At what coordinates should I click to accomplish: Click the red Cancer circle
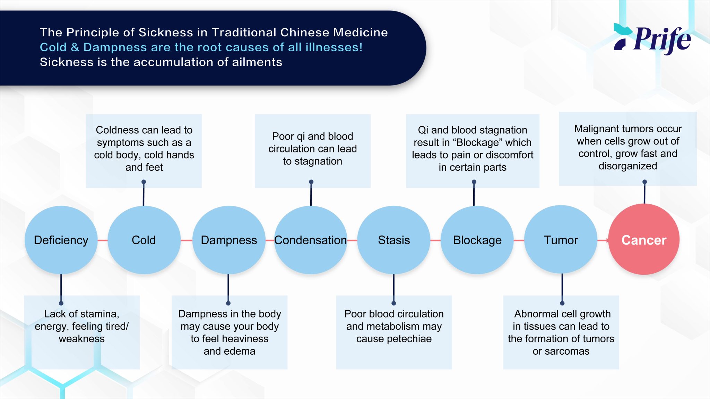(644, 240)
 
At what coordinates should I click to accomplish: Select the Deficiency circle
(61, 240)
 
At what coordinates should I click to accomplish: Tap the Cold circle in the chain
(144, 240)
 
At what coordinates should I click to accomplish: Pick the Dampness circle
(229, 240)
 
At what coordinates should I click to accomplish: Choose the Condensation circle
(311, 240)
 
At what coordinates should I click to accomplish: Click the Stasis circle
(394, 240)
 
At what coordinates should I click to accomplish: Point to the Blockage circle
(477, 240)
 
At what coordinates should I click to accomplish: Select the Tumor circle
(561, 240)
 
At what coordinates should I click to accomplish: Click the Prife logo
(652, 39)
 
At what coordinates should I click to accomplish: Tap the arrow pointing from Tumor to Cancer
(604, 240)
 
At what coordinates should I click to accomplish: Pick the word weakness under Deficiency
(81, 339)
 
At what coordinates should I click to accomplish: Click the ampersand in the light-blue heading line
(75, 47)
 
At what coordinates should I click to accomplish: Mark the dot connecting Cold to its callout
(144, 182)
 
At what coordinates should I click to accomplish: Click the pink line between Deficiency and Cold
(103, 240)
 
